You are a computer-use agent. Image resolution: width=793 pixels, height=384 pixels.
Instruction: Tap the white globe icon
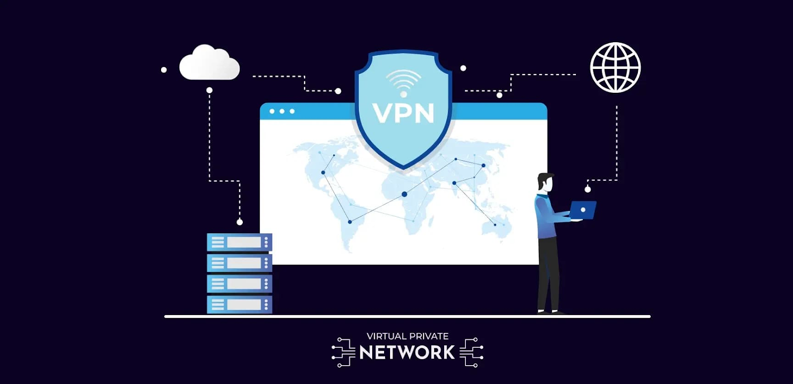tap(615, 67)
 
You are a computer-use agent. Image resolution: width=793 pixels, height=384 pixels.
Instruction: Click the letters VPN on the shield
tap(403, 113)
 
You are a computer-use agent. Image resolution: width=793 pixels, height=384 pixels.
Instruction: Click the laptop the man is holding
tap(582, 210)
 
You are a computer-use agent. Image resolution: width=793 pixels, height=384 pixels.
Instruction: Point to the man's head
tap(545, 182)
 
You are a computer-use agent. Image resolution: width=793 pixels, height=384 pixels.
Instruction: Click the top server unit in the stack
tap(239, 242)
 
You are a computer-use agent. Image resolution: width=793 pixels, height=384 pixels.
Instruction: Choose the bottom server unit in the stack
tap(239, 304)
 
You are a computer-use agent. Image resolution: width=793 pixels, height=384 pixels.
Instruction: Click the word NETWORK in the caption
tap(407, 352)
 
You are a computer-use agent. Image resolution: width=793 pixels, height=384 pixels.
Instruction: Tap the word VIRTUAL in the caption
tap(386, 336)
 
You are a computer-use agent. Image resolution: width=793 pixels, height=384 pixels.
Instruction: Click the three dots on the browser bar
tap(282, 111)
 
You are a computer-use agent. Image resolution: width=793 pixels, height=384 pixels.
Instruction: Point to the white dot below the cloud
tap(209, 90)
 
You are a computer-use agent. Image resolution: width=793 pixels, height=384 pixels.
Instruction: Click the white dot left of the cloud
tap(164, 70)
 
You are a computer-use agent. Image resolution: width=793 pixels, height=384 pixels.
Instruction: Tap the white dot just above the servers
tap(240, 222)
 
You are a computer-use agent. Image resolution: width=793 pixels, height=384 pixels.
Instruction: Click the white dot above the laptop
tap(588, 189)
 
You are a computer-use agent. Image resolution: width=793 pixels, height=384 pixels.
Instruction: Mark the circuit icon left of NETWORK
tap(343, 352)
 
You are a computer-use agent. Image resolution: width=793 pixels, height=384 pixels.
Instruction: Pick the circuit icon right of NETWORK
tap(471, 352)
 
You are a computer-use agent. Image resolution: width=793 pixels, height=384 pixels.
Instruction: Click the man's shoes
tap(550, 312)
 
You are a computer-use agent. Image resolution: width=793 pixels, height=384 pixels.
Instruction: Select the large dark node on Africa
tap(404, 194)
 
